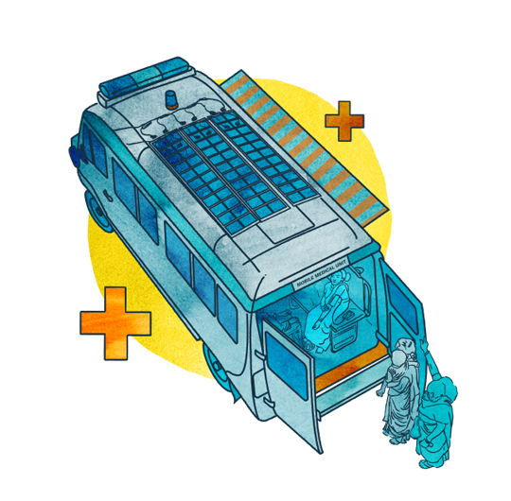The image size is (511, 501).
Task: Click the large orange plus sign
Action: point(115,323)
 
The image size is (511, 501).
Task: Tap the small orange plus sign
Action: point(344,121)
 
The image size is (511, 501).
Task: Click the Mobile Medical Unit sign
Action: point(321,273)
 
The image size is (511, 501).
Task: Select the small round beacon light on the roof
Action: point(172,99)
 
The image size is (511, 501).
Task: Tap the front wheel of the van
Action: point(98,211)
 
